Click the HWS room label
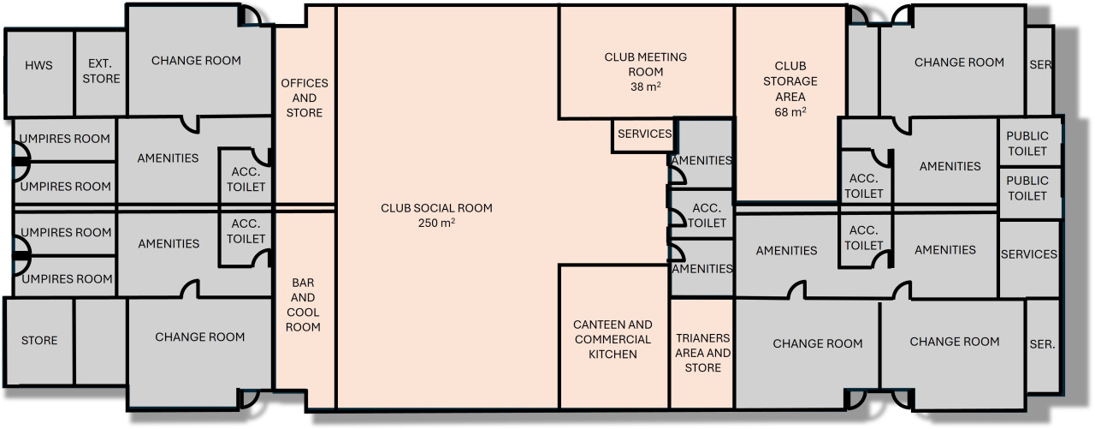[38, 65]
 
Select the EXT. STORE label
[102, 71]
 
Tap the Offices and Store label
[305, 98]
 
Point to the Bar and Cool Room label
[304, 304]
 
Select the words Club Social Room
[436, 208]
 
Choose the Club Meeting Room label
[646, 64]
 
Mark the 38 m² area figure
[646, 86]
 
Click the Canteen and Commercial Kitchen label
[613, 339]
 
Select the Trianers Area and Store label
[702, 353]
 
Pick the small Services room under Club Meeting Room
[644, 134]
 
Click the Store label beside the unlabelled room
[39, 341]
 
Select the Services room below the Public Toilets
[1029, 254]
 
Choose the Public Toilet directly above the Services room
[1027, 188]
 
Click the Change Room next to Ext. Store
[196, 61]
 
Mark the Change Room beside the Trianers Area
[817, 344]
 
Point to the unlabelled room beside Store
[101, 341]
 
